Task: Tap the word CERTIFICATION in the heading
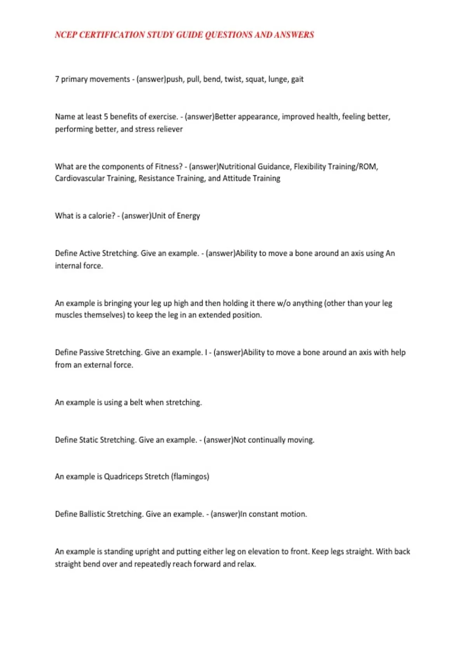coord(112,35)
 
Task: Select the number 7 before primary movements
coord(57,79)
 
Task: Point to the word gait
coord(297,79)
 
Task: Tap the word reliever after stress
coord(170,129)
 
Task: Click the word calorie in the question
coord(102,216)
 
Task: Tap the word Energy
coord(188,216)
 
